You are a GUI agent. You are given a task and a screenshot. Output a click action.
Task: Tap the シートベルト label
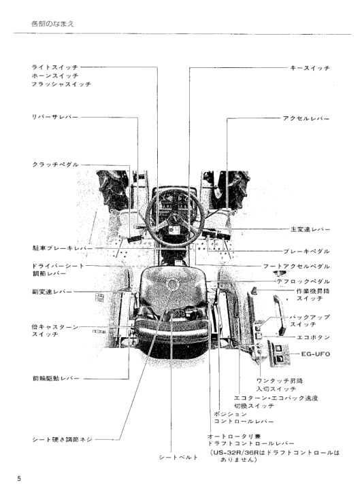pos(177,456)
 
